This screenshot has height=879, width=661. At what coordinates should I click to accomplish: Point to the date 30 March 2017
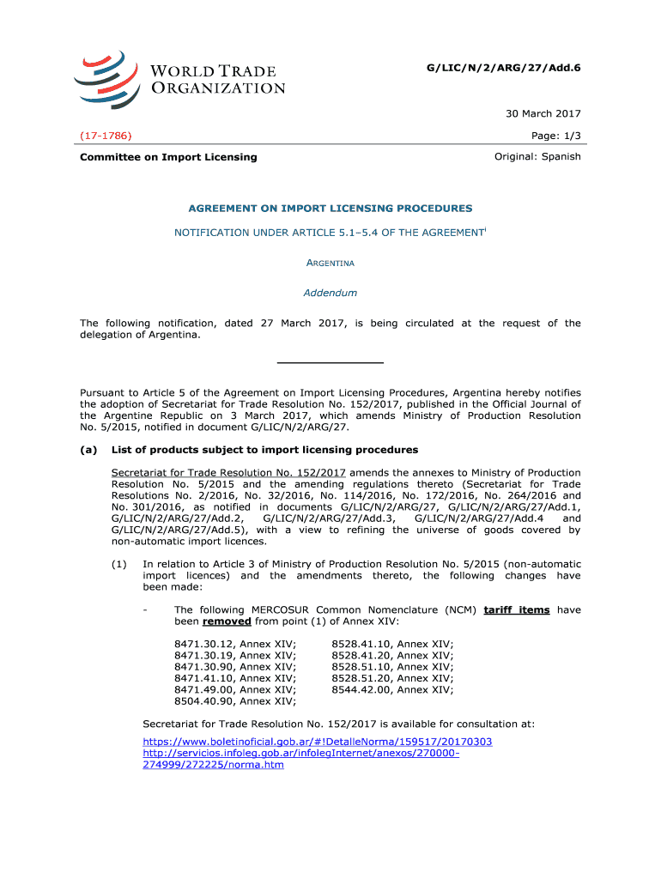[x=543, y=113]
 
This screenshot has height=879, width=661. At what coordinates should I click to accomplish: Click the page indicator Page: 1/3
[x=557, y=136]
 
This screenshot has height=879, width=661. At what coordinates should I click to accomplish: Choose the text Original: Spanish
[x=537, y=157]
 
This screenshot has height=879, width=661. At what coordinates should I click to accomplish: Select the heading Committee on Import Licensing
[x=168, y=157]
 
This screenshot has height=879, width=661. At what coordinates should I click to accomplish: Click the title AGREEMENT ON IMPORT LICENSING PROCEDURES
[x=330, y=209]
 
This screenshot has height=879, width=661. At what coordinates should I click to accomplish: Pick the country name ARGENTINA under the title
[x=330, y=263]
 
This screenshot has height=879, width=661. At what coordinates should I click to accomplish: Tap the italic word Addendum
[x=330, y=293]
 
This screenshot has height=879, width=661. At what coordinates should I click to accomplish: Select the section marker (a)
[x=88, y=450]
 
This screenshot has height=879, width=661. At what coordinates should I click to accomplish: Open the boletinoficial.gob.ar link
[x=317, y=741]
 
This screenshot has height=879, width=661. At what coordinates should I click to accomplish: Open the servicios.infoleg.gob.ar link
[x=300, y=753]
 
